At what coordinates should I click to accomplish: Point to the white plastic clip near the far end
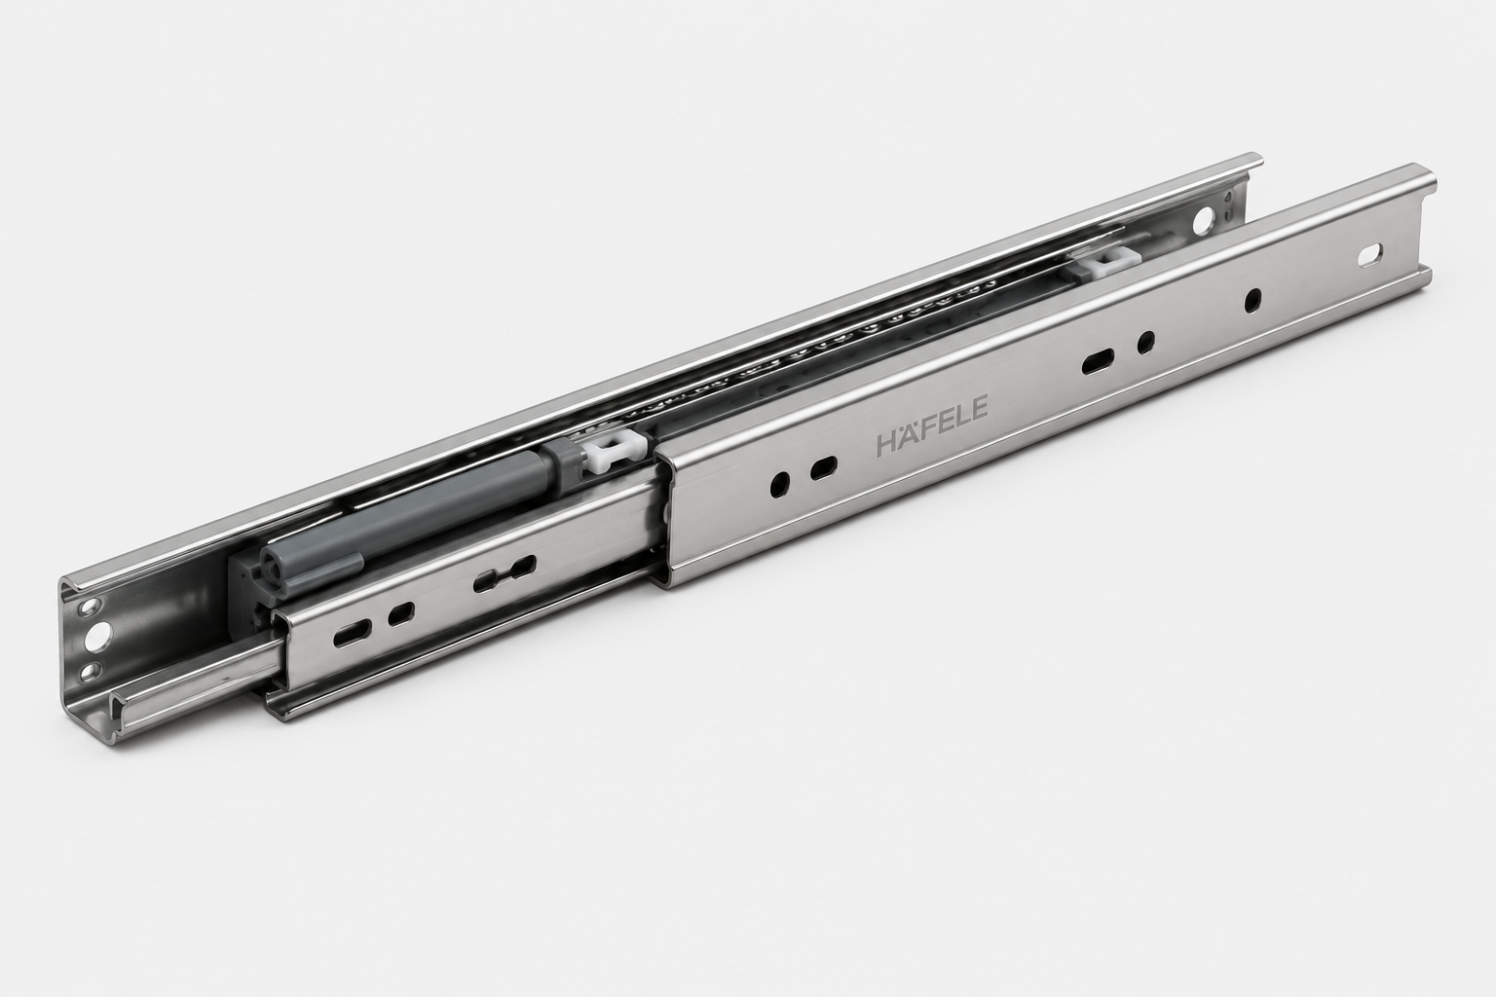point(1098,264)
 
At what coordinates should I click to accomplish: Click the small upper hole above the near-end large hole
point(89,607)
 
